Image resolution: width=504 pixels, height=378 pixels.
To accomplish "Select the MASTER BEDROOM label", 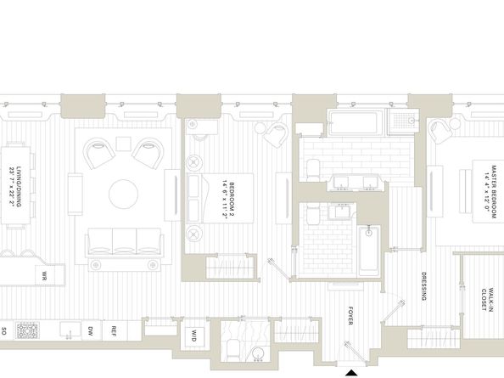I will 486,190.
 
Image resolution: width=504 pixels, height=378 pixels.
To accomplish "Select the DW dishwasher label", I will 91,330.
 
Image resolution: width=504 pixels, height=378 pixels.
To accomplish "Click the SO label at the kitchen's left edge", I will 4,329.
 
